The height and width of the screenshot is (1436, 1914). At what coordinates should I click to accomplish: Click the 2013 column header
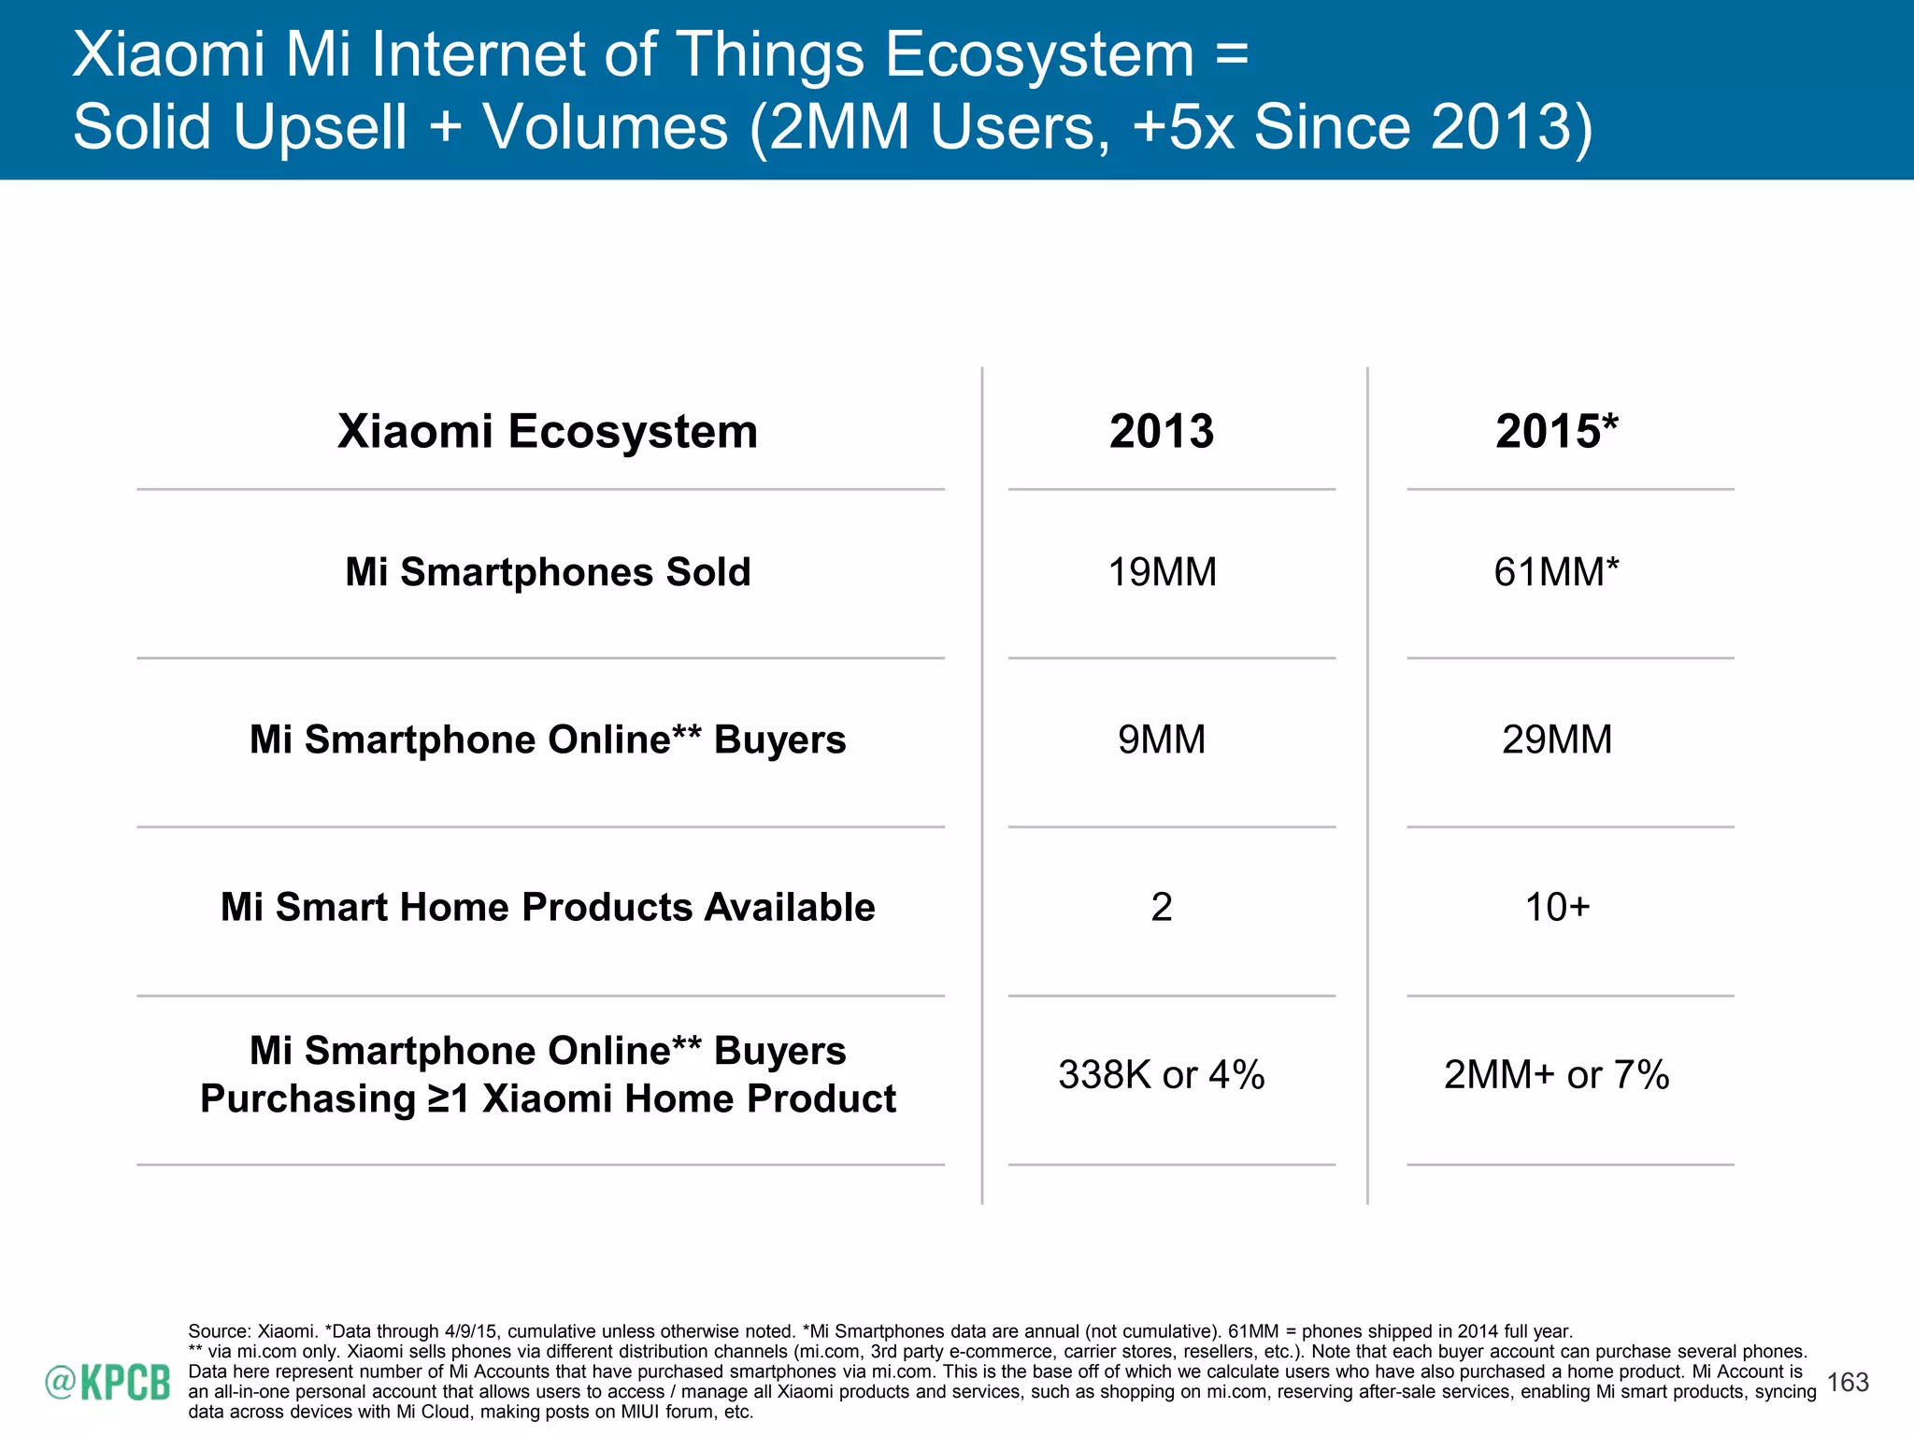tap(1161, 432)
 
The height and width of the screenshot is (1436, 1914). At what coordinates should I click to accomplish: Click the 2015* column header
tap(1556, 432)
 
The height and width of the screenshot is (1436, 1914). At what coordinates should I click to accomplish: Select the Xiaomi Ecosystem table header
tap(548, 432)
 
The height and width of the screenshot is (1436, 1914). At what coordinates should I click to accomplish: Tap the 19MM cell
tap(1162, 572)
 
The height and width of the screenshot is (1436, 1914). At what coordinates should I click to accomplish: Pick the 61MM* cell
tap(1556, 572)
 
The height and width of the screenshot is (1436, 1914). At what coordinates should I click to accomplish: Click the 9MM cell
tap(1162, 740)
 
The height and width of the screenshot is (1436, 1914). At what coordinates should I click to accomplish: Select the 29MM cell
tap(1557, 740)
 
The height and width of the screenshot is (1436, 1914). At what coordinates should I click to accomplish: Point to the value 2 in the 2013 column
tap(1162, 907)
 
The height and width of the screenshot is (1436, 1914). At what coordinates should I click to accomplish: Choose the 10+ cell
tap(1557, 907)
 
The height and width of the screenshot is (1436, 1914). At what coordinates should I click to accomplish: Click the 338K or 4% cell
tap(1162, 1074)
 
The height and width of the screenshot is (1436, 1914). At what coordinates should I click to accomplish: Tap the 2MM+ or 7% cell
tap(1557, 1074)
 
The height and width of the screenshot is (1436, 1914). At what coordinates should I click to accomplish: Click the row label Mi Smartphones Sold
tap(548, 572)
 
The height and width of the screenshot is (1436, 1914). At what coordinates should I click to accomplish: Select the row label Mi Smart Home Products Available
tap(548, 907)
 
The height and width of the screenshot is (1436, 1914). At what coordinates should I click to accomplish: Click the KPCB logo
tap(108, 1382)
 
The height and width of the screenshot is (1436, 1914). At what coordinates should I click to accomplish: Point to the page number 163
tap(1847, 1382)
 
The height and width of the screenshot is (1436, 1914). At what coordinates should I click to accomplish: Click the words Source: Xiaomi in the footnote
tap(252, 1330)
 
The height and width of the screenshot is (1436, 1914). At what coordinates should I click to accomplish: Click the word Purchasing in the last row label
tap(307, 1099)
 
